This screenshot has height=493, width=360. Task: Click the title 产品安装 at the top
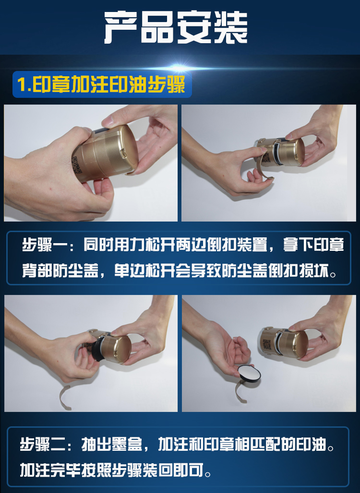176,28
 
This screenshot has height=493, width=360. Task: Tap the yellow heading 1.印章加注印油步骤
101,84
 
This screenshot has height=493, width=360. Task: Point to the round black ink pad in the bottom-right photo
249,374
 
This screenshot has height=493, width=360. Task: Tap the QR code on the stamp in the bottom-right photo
266,346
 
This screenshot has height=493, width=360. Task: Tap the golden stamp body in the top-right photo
280,152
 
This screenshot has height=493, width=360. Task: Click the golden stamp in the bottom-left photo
108,345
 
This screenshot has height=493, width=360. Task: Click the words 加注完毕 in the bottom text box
50,470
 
